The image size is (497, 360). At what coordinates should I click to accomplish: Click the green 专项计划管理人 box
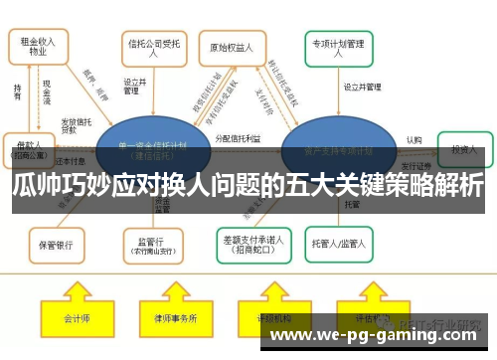pyautogui.click(x=339, y=46)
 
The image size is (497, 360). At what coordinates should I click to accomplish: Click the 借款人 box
pyautogui.click(x=29, y=148)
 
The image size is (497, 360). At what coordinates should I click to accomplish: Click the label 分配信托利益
pyautogui.click(x=239, y=139)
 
